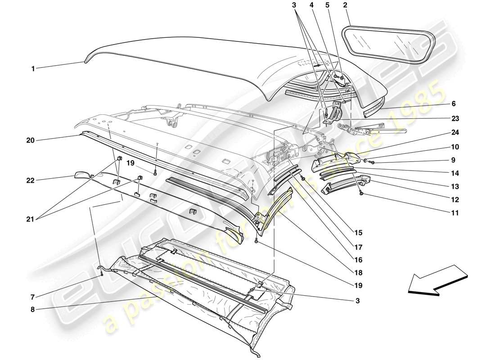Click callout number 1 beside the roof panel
(33, 69)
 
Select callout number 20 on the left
(30, 140)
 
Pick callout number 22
(30, 181)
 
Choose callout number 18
(359, 272)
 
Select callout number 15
(359, 233)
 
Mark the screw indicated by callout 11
(361, 194)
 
